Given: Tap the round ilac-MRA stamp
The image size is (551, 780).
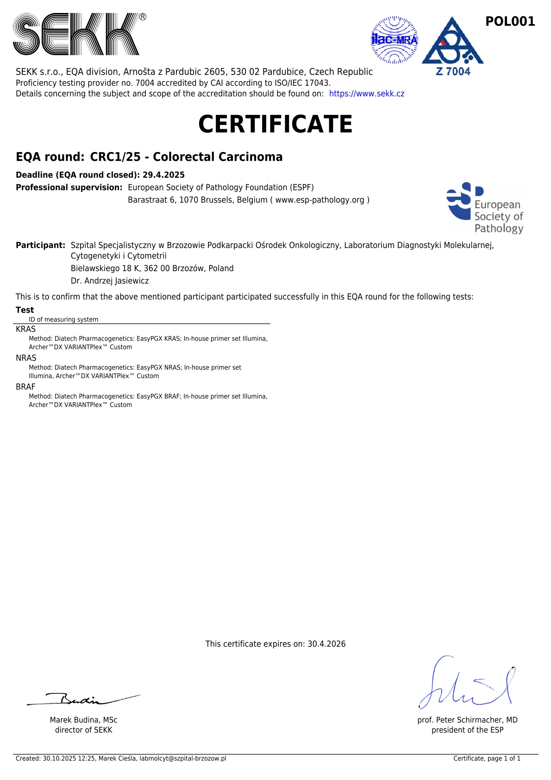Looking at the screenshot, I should pos(394,40).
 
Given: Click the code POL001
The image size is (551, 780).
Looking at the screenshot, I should pos(510,21).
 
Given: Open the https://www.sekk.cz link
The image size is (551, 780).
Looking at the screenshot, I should pos(367,94).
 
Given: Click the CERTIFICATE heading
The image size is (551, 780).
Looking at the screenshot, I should pos(275,124).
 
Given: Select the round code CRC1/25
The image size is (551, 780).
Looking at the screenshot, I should pos(115,157).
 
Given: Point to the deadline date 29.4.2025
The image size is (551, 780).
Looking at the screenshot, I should pos(163,175).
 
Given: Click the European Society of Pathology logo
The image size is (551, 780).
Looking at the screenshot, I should pos(484,208).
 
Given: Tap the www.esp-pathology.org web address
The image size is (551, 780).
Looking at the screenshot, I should pos(319,200).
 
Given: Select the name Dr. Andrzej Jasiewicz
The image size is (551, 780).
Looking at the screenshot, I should pos(110,281).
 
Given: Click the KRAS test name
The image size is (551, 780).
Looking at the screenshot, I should pos(26,329).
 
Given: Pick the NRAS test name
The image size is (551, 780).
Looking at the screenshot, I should pos(26,358).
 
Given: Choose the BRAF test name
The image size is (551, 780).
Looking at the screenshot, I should pos(25,387).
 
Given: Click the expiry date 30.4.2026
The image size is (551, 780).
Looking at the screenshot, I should pos(326,644).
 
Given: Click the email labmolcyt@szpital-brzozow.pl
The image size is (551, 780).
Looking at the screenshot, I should pos(183,759).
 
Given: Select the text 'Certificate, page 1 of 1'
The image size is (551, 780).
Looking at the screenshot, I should pos(487,759).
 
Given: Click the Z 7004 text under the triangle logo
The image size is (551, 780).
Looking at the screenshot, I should pos(453,71).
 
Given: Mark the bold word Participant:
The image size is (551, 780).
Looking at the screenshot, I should pos(41,245).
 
